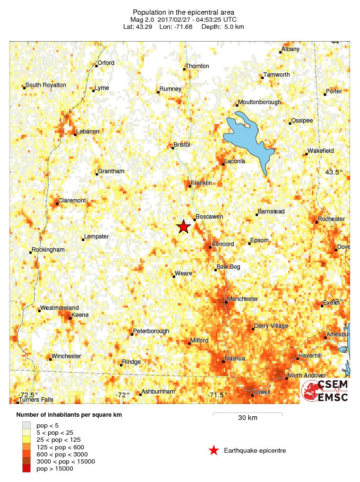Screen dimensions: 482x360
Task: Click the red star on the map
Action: pyautogui.click(x=183, y=227)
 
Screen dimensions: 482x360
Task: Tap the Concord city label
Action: pyautogui.click(x=222, y=244)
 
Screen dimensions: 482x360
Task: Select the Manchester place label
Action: pyautogui.click(x=242, y=299)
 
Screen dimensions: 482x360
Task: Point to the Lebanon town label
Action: pyautogui.click(x=88, y=131)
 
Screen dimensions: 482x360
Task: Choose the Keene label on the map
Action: pyautogui.click(x=79, y=315)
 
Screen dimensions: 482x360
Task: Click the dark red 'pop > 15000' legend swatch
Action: pyautogui.click(x=26, y=468)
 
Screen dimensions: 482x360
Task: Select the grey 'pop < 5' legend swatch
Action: pyautogui.click(x=26, y=426)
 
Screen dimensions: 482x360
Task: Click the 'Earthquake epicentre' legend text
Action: pyautogui.click(x=255, y=451)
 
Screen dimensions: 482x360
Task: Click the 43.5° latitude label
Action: pyautogui.click(x=334, y=172)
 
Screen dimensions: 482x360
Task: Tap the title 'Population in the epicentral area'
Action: pyautogui.click(x=184, y=12)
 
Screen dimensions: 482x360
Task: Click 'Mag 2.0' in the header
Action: pyautogui.click(x=141, y=19)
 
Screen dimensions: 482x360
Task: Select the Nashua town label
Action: pyautogui.click(x=235, y=359)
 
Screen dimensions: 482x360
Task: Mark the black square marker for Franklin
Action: pyautogui.click(x=190, y=186)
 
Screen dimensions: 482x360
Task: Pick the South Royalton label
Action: pyautogui.click(x=45, y=85)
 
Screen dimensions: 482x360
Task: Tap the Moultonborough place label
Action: pyautogui.click(x=259, y=102)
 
